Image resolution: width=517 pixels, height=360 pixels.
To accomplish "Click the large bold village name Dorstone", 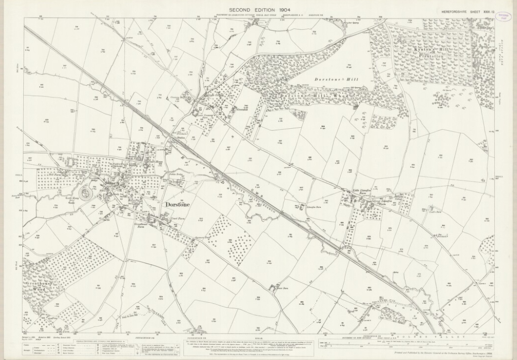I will pyautogui.click(x=177, y=205).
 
